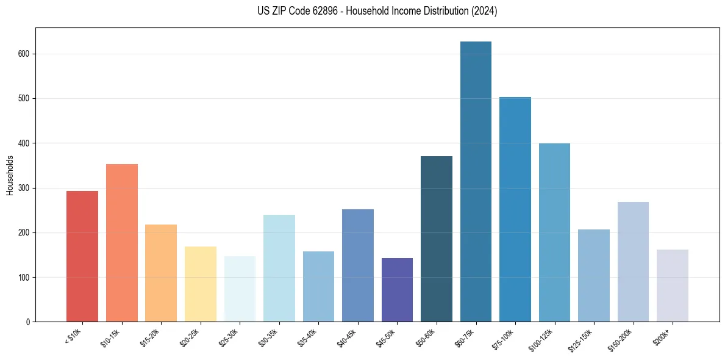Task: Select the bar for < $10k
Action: pos(82,256)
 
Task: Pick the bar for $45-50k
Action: pos(397,290)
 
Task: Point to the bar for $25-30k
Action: pos(240,289)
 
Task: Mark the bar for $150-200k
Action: pos(633,262)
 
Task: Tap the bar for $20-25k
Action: pos(201,284)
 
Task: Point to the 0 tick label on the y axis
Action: pos(28,322)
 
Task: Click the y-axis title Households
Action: pos(10,175)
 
